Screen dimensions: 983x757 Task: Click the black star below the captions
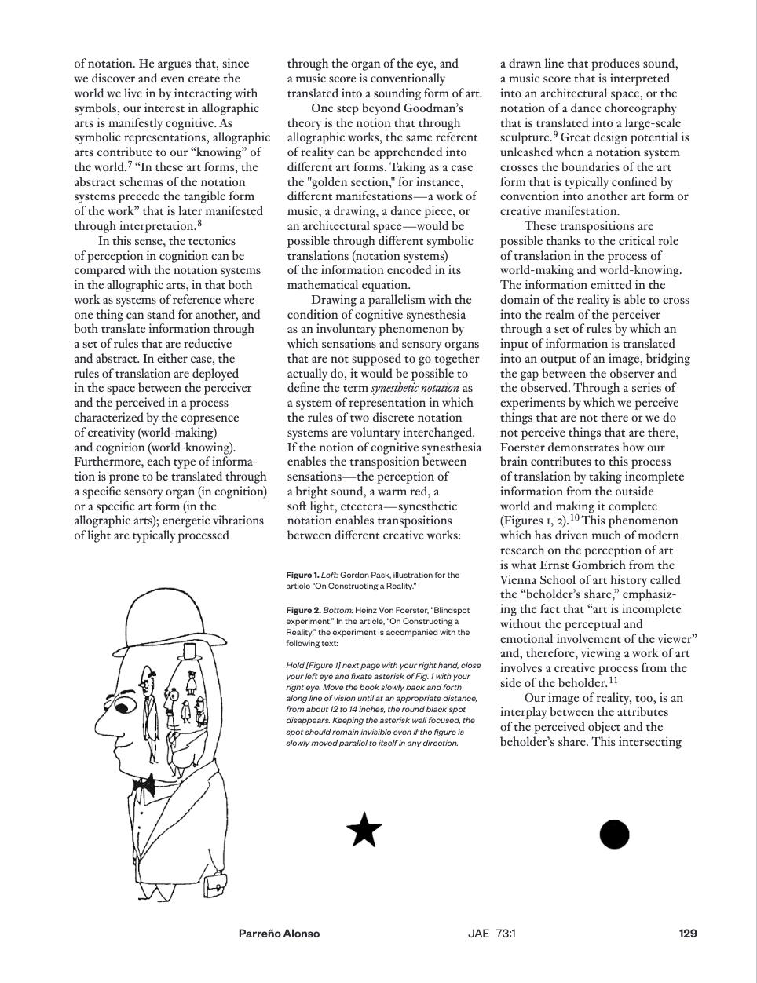(364, 831)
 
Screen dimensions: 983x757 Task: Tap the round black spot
(614, 834)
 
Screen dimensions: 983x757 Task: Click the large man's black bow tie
(144, 783)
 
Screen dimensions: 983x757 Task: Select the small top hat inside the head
(188, 651)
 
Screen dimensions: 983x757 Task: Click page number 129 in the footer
(688, 934)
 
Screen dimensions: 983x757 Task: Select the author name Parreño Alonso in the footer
(279, 934)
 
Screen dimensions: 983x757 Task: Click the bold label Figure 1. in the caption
(302, 576)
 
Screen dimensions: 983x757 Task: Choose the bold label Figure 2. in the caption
(303, 610)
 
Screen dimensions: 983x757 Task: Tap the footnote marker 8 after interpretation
(199, 224)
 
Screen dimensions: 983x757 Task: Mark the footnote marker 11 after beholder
(613, 680)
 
